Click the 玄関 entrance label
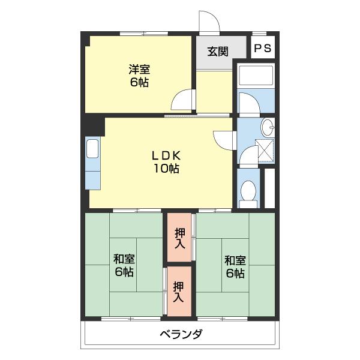218,52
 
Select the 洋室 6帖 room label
138,76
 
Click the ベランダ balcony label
181,334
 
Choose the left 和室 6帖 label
124,266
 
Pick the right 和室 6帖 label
235,266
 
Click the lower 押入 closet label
179,292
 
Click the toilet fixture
248,193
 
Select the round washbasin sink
268,127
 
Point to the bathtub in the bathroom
256,76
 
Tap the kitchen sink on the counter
93,148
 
